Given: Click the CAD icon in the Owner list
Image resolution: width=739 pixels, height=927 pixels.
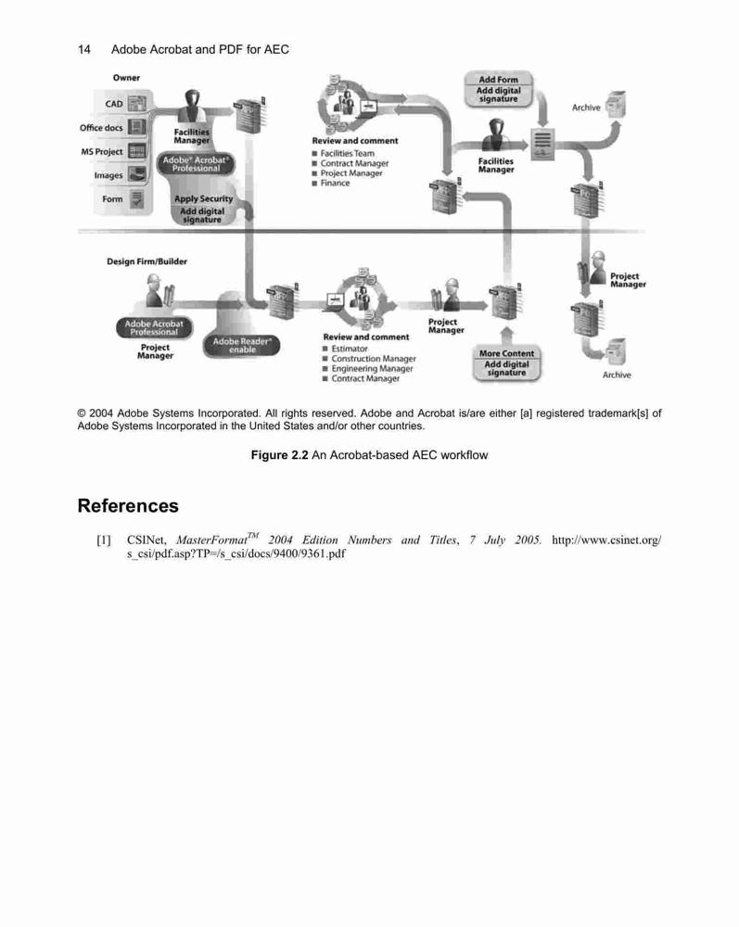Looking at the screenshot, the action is tap(137, 104).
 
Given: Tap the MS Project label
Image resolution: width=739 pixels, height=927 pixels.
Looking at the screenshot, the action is tap(102, 152).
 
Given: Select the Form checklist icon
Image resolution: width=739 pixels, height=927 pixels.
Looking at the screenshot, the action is tap(137, 199).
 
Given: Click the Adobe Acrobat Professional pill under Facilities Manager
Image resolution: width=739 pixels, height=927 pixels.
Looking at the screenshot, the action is tap(196, 164).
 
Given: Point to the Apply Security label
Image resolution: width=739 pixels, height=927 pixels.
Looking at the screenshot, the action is tap(203, 198).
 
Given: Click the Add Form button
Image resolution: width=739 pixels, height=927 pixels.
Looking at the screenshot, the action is tap(498, 79).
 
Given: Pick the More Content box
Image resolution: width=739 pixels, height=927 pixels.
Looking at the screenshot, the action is tap(506, 353).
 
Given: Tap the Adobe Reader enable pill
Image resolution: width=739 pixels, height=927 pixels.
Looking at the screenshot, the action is tap(242, 346).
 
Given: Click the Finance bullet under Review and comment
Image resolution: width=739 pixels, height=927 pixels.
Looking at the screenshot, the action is tap(331, 184).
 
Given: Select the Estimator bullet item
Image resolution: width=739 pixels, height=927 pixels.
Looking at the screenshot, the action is tap(345, 349).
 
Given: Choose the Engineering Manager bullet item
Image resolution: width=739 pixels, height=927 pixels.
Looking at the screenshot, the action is tap(368, 368).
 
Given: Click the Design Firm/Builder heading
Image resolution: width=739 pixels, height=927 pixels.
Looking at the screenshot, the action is tap(147, 261).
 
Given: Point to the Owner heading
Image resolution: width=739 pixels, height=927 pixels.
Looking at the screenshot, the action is tap(126, 78).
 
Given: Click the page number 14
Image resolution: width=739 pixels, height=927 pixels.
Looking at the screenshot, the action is tap(84, 50).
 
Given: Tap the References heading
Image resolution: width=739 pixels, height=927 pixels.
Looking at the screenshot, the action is tap(128, 505).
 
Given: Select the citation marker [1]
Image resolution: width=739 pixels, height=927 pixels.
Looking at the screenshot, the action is tap(104, 540).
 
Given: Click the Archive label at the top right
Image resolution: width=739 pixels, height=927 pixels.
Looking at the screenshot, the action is tap(586, 108).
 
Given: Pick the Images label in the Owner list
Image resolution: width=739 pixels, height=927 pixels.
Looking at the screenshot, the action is tap(108, 175).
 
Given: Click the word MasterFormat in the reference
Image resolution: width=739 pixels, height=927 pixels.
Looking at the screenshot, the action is tap(211, 540).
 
